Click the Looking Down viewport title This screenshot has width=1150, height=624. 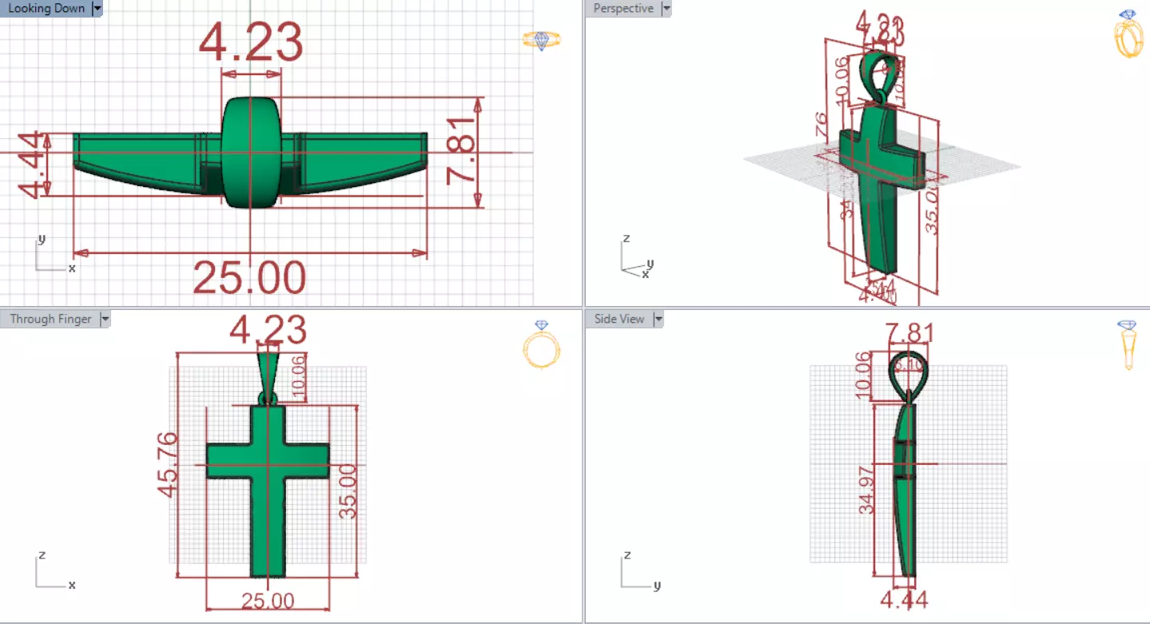click(x=46, y=9)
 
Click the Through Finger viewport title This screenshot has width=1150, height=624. click(x=50, y=319)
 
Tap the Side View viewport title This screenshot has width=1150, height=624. click(x=619, y=319)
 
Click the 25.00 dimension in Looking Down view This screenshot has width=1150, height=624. click(x=249, y=278)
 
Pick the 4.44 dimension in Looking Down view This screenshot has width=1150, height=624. click(x=32, y=165)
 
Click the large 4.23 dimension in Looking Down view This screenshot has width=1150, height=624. click(x=251, y=42)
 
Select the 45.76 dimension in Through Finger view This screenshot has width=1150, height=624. click(x=167, y=465)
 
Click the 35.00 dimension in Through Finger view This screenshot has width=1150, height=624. click(x=348, y=491)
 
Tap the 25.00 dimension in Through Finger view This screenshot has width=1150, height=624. click(x=267, y=601)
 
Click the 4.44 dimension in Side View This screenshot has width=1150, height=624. click(x=904, y=599)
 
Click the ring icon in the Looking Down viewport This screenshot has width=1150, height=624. click(x=542, y=40)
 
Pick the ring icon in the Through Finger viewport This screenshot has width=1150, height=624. click(x=542, y=345)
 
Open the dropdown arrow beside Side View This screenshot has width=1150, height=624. click(x=659, y=319)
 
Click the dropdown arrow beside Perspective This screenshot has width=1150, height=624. click(x=666, y=9)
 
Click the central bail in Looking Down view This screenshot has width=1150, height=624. click(x=251, y=152)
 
